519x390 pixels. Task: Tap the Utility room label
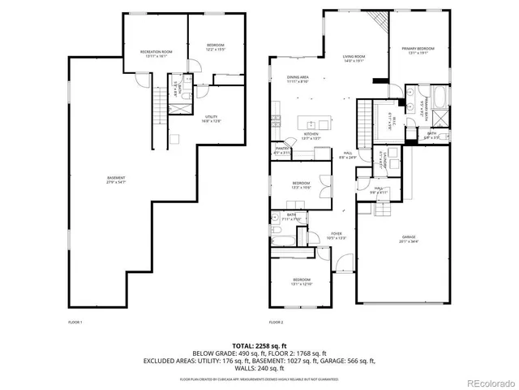pos(212,117)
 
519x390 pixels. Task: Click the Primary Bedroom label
pos(418,50)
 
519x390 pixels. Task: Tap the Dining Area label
pos(297,77)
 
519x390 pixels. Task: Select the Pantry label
pos(281,148)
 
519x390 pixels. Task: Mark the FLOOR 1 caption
pos(75,323)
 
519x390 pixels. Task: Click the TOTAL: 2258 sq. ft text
pos(259,344)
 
